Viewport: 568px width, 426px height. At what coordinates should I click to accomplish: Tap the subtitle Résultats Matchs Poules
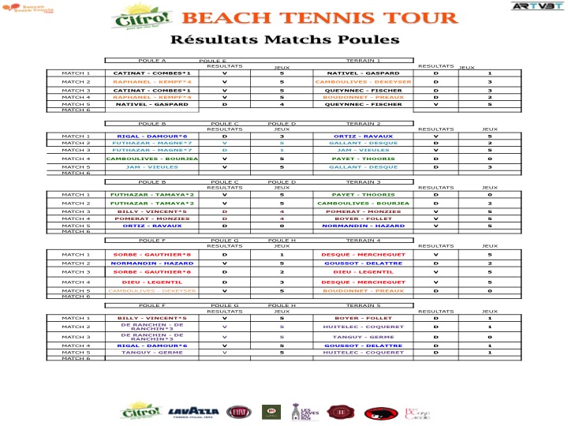[285, 39]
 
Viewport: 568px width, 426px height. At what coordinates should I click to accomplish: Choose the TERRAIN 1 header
[363, 60]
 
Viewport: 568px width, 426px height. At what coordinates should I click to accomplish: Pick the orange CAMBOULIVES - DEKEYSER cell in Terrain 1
[359, 81]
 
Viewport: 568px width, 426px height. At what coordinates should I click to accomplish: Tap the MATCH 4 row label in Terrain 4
[77, 282]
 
